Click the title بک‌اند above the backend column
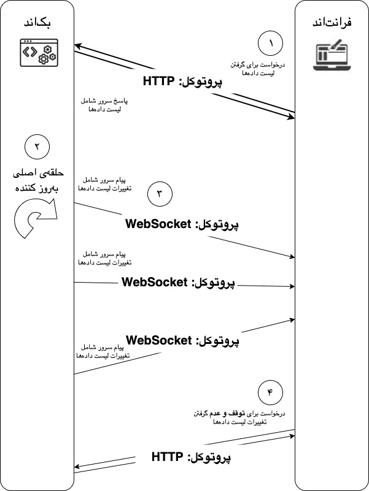tap(37, 23)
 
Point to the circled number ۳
tap(160, 194)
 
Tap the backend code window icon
tap(37, 52)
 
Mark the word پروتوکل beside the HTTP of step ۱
tap(203, 81)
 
